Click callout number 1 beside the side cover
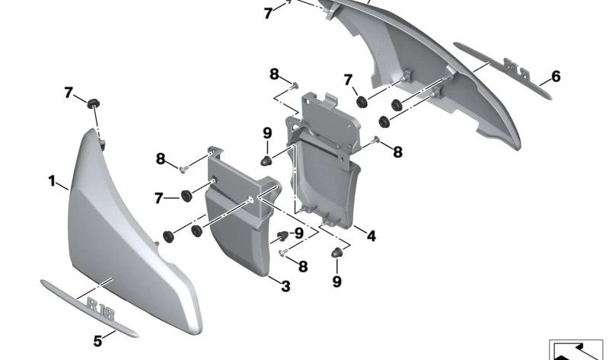point(52,181)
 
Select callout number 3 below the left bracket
point(285,286)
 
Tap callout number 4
point(371,236)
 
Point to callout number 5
point(97,341)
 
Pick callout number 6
point(556,77)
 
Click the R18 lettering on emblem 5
point(100,309)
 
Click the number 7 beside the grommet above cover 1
point(69,93)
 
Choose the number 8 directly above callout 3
point(303,266)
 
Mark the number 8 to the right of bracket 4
point(397,152)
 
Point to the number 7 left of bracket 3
point(158,199)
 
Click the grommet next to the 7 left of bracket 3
point(187,196)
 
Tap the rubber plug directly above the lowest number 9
point(336,253)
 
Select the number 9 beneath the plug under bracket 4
point(336,282)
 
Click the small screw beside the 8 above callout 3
point(282,253)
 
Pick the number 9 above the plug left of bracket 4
point(267,133)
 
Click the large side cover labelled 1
point(128,241)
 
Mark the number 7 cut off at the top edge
point(268,14)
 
